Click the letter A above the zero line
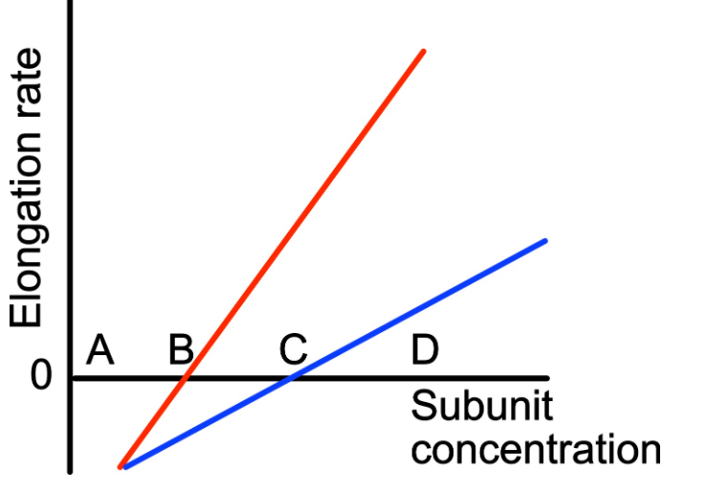[100, 350]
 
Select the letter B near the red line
[181, 350]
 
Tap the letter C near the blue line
[293, 350]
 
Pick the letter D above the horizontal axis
[424, 350]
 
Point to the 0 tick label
[39, 377]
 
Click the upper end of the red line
[423, 50]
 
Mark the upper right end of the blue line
[544, 240]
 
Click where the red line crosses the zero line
[187, 377]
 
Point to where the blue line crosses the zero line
[290, 377]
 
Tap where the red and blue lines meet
[122, 467]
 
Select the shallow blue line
[421, 307]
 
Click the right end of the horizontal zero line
[546, 377]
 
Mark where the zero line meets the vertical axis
[71, 377]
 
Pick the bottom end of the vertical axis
[71, 470]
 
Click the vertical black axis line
[71, 191]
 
